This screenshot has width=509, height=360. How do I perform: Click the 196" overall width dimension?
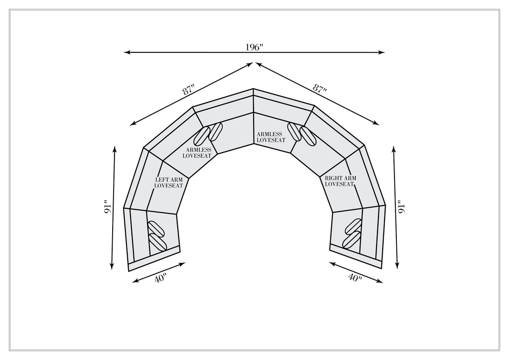(x=254, y=48)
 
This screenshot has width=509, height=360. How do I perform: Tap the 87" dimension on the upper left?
(x=189, y=89)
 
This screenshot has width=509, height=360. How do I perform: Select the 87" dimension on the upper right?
(x=320, y=88)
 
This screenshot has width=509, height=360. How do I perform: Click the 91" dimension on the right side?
(x=402, y=206)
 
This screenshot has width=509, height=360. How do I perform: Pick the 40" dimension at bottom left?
(x=160, y=278)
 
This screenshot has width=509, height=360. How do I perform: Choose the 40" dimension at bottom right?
(x=355, y=278)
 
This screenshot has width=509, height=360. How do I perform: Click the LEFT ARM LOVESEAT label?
(x=168, y=182)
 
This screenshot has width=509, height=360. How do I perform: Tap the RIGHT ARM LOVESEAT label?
(x=340, y=181)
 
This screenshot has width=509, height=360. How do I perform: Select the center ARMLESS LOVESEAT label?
(x=271, y=137)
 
